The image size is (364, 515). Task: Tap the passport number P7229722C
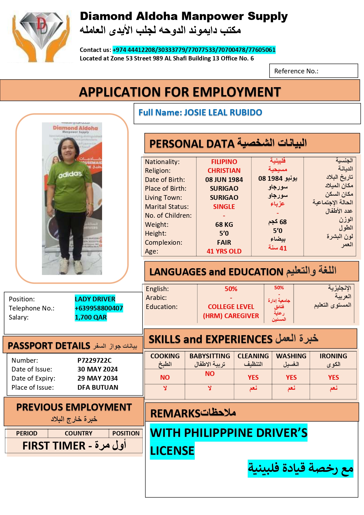(94, 360)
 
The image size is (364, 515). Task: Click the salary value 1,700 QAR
(91, 317)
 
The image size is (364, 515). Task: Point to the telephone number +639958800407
(99, 308)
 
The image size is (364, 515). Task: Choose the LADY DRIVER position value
(95, 299)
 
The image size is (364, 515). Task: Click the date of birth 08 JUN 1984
(224, 180)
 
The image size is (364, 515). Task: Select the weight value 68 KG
(224, 224)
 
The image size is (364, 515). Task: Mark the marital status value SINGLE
(224, 207)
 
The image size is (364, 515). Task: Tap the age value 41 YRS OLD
(224, 251)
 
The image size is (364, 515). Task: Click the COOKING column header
(165, 356)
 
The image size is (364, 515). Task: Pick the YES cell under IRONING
(333, 377)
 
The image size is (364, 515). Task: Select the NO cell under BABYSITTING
(210, 374)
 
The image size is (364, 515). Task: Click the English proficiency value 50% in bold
(231, 289)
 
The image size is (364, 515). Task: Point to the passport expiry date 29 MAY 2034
(97, 378)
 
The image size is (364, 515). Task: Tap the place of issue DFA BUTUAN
(98, 387)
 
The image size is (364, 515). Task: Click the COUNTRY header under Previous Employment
(78, 433)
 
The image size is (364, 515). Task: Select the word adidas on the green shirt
(70, 175)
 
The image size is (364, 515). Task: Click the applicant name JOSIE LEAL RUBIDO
(223, 112)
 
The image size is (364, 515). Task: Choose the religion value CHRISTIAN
(224, 170)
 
